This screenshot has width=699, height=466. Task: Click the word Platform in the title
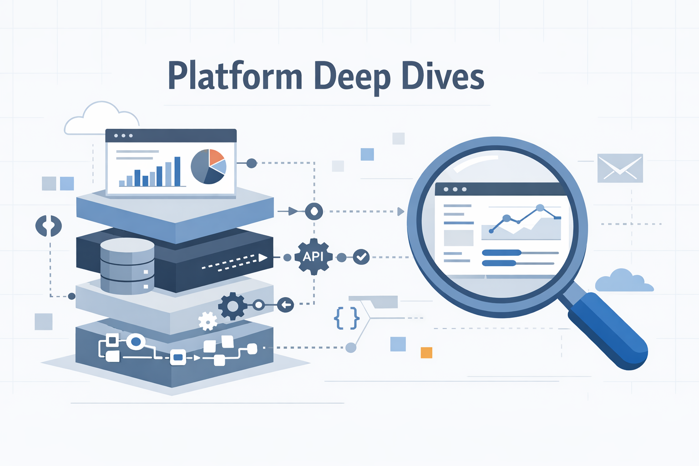coord(235,76)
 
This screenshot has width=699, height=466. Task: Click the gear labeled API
coord(313,257)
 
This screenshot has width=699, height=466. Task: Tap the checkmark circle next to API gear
coord(361,257)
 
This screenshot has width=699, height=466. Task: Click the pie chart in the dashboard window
coord(208,167)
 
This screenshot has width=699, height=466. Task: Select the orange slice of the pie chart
coord(216,157)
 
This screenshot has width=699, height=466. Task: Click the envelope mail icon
coord(620,168)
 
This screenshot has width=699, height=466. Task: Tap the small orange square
coord(426,353)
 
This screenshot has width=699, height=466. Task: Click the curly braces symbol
coord(347,318)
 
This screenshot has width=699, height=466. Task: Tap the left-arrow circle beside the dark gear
coord(285,304)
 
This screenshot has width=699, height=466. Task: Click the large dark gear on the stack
coord(233,306)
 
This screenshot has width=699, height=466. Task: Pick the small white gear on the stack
coord(208,321)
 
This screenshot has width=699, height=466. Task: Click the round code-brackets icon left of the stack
coord(49,226)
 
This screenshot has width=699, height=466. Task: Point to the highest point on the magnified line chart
coord(540,208)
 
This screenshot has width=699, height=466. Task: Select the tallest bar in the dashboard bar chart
coord(177,172)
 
